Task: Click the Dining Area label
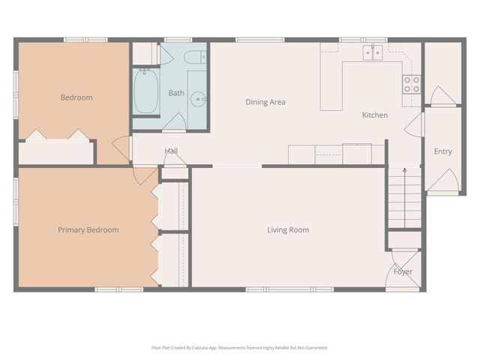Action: [265, 102]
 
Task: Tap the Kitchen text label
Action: [375, 115]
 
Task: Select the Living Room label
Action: [288, 229]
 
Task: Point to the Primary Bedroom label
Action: [88, 229]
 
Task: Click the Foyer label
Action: [403, 271]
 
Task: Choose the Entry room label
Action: [442, 151]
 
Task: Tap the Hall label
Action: [171, 151]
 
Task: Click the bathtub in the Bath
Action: [145, 91]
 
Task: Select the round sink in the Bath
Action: [197, 97]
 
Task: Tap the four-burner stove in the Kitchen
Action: [412, 84]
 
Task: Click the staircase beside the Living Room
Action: [404, 199]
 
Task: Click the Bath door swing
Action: [175, 121]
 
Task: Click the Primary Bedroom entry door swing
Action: [144, 175]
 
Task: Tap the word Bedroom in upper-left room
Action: [76, 97]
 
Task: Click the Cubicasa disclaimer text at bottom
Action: [239, 347]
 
